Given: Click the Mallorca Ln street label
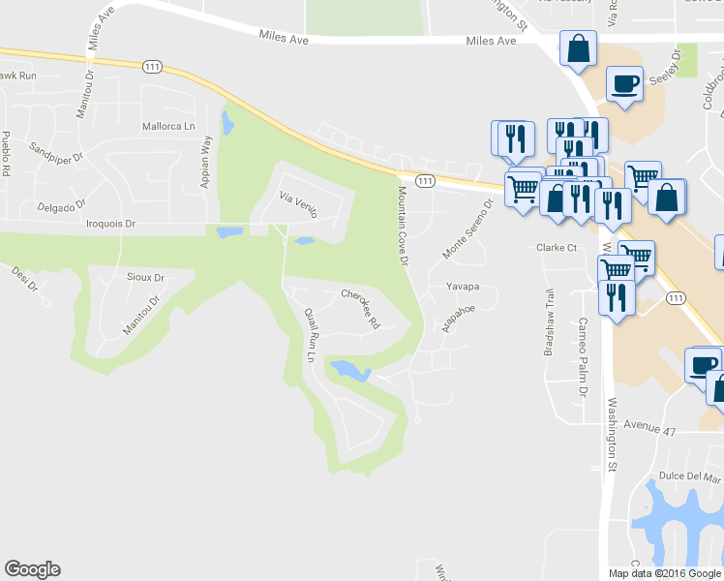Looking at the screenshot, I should click(x=168, y=126).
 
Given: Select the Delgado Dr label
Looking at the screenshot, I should click(x=61, y=205).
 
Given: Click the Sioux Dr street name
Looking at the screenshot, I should click(x=145, y=278).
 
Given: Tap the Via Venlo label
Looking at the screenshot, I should click(x=299, y=203).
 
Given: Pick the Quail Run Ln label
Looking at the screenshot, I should click(x=311, y=335).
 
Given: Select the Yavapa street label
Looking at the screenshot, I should click(x=463, y=287).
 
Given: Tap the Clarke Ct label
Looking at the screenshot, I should click(x=557, y=248).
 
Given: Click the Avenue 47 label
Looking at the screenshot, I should click(x=649, y=426).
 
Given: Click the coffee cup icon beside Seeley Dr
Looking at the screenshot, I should click(x=623, y=83).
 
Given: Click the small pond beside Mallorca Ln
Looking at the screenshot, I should click(x=227, y=123).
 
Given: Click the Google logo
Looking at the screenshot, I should click(x=32, y=569).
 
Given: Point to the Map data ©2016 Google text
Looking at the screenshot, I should click(x=664, y=573).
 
